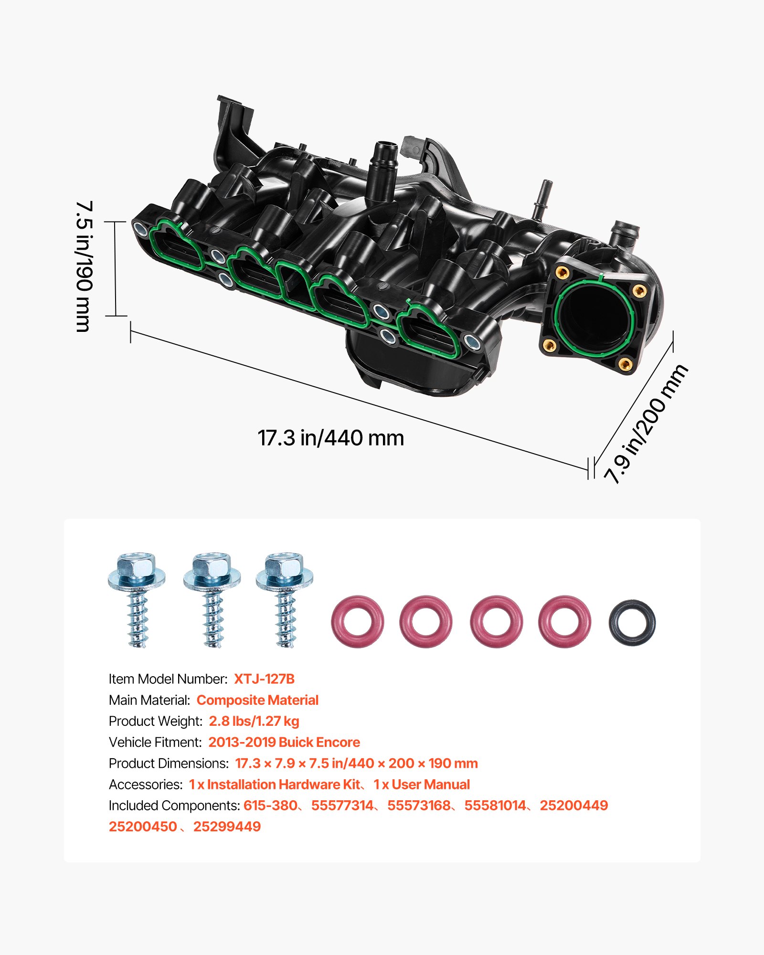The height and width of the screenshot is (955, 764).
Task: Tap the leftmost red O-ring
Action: pyautogui.click(x=357, y=621)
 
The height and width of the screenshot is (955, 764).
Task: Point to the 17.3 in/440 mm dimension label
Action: pyautogui.click(x=330, y=438)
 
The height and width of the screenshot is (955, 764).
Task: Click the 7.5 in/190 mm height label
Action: pyautogui.click(x=84, y=266)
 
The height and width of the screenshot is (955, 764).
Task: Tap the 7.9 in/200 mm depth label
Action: pyautogui.click(x=646, y=424)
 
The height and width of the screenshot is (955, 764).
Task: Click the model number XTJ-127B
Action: pyautogui.click(x=264, y=679)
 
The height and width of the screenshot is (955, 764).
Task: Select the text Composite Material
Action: pyautogui.click(x=257, y=700)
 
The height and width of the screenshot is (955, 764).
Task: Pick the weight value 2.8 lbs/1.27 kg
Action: pyautogui.click(x=254, y=721)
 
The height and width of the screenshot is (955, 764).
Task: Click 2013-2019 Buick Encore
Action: pyautogui.click(x=284, y=742)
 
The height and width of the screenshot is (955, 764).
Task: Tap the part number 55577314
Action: pyautogui.click(x=342, y=806)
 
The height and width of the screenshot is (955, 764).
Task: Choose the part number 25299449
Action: pyautogui.click(x=227, y=827)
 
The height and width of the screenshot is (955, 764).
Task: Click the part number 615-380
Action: pyautogui.click(x=270, y=806)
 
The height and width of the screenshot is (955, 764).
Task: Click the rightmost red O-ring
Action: pyautogui.click(x=564, y=621)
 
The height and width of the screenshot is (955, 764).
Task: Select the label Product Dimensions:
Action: pyautogui.click(x=169, y=763)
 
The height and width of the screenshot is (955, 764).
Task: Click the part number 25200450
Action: pyautogui.click(x=143, y=827)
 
